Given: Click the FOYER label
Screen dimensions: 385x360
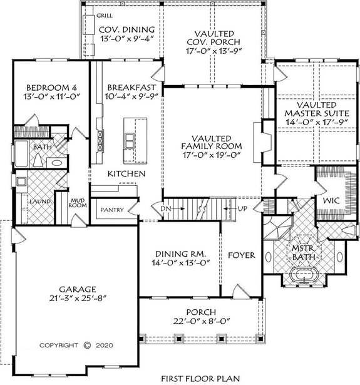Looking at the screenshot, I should [240, 255].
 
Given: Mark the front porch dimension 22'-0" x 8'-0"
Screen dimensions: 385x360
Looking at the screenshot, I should [200, 324].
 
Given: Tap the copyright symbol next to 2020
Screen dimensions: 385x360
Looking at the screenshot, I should [87, 344].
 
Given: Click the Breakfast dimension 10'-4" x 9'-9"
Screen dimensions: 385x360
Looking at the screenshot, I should [127, 98].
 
